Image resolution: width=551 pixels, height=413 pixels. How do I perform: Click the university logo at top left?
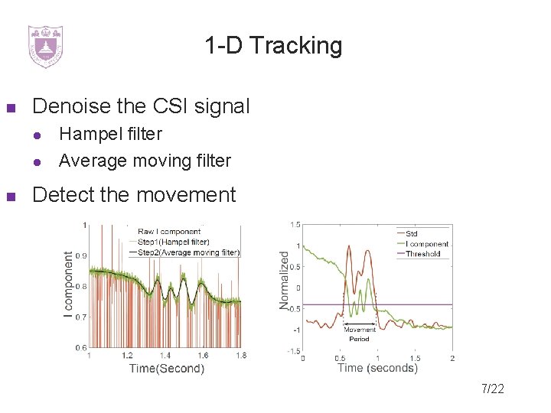pyautogui.click(x=45, y=46)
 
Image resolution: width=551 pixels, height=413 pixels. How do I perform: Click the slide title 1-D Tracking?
pyautogui.click(x=273, y=46)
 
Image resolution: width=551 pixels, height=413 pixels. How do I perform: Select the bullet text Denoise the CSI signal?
pyautogui.click(x=141, y=106)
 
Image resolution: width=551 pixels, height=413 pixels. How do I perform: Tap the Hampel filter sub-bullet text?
pyautogui.click(x=110, y=134)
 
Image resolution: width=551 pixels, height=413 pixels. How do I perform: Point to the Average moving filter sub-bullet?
pyautogui.click(x=145, y=161)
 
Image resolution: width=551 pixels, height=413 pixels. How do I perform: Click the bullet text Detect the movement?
pyautogui.click(x=134, y=195)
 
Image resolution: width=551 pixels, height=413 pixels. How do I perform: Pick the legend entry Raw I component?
pyautogui.click(x=169, y=231)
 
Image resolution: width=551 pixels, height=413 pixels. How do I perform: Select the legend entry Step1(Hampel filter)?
pyautogui.click(x=173, y=242)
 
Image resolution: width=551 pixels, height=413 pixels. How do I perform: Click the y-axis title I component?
pyautogui.click(x=69, y=285)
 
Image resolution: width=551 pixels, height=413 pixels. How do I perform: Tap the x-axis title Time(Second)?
pyautogui.click(x=167, y=369)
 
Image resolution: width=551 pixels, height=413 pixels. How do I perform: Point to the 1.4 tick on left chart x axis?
pyautogui.click(x=165, y=356)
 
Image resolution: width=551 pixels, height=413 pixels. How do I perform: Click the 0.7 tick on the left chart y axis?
pyautogui.click(x=80, y=316)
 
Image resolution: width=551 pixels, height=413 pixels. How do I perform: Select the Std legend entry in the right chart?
pyautogui.click(x=412, y=233)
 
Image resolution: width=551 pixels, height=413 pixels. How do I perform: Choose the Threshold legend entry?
pyautogui.click(x=422, y=254)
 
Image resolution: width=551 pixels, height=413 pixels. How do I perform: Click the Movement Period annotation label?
pyautogui.click(x=359, y=334)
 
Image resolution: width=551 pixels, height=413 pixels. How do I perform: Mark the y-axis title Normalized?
pyautogui.click(x=285, y=281)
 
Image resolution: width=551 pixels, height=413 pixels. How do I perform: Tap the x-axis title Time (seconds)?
pyautogui.click(x=377, y=368)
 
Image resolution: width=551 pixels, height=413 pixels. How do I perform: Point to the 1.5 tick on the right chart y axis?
pyautogui.click(x=295, y=224)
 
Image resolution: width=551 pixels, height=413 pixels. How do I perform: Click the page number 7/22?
pyautogui.click(x=493, y=389)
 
